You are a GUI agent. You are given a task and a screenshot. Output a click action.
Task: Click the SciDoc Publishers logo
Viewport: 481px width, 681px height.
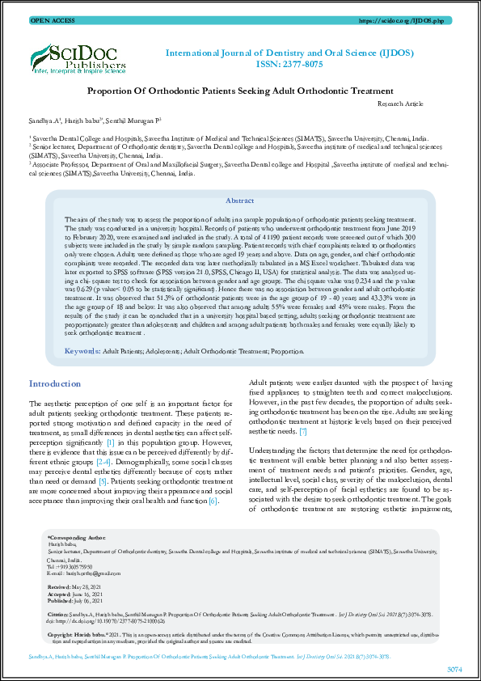coord(77,59)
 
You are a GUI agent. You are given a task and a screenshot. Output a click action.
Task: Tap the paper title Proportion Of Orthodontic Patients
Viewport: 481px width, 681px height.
coord(240,92)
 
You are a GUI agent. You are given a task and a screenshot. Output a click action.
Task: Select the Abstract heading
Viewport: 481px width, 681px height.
coord(239,201)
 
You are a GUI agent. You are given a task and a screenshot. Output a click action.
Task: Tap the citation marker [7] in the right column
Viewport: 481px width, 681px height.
coord(302,432)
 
